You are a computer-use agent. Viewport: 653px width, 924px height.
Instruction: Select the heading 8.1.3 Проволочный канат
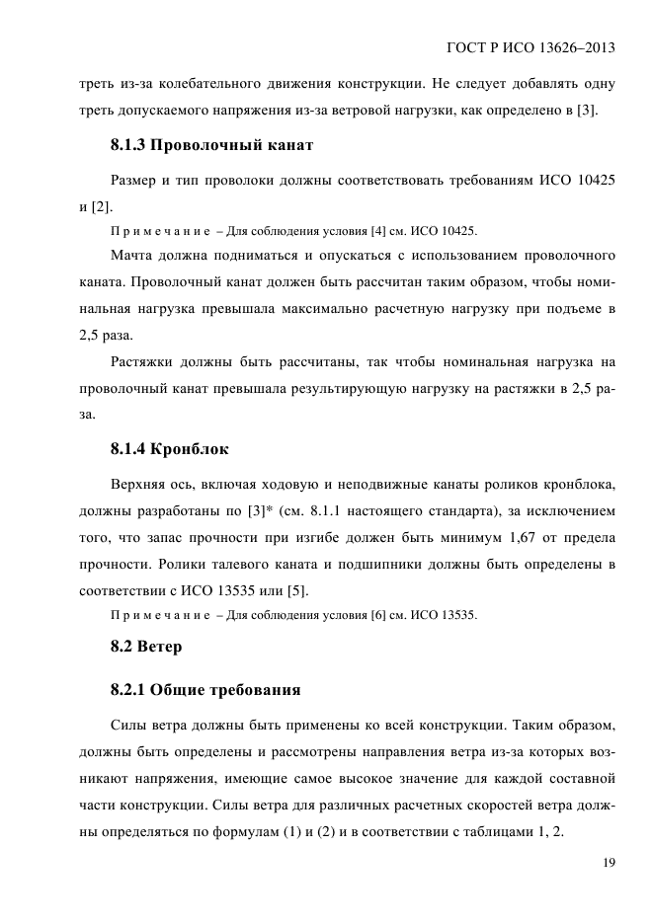click(211, 146)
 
